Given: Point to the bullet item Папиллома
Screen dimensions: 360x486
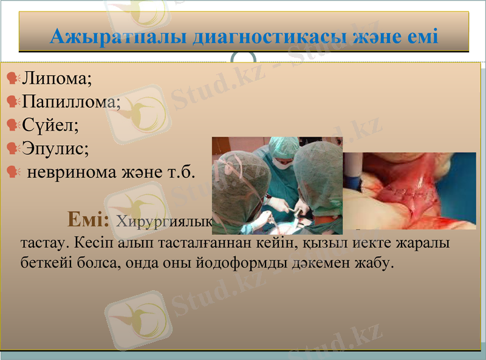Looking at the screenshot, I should click(72, 101).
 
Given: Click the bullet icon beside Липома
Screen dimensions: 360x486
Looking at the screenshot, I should click(12, 78).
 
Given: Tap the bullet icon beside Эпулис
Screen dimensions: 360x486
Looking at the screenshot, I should click(12, 148).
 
